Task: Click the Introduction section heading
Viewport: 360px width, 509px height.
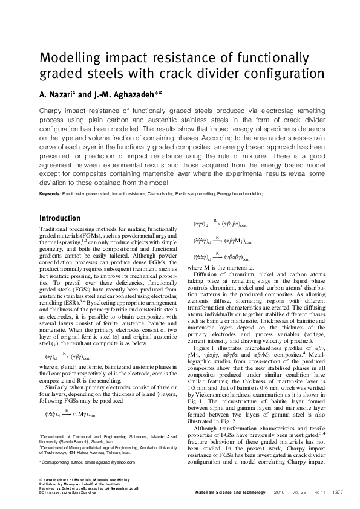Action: (59, 218)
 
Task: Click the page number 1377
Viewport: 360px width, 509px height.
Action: (338, 493)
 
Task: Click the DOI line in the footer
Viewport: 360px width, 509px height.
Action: (71, 493)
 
